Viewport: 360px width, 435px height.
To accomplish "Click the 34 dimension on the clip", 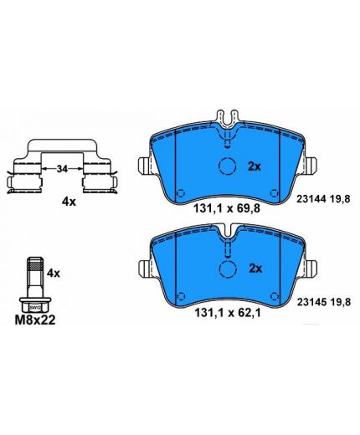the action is tap(62, 168).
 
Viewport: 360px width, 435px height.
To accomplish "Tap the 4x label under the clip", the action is tap(69, 202).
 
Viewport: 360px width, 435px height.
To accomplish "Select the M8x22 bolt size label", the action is tap(35, 320).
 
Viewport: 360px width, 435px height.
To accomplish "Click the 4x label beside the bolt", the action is tap(54, 273).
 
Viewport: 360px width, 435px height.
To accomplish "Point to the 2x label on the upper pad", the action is tap(255, 166).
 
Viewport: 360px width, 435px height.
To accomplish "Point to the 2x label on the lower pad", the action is tap(255, 269).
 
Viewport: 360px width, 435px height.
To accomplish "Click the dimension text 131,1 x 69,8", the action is tap(227, 208).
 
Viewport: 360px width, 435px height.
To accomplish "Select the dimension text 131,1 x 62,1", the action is tap(228, 313).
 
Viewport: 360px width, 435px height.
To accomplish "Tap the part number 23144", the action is tap(311, 199).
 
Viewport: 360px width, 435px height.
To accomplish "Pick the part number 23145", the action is tap(311, 302).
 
